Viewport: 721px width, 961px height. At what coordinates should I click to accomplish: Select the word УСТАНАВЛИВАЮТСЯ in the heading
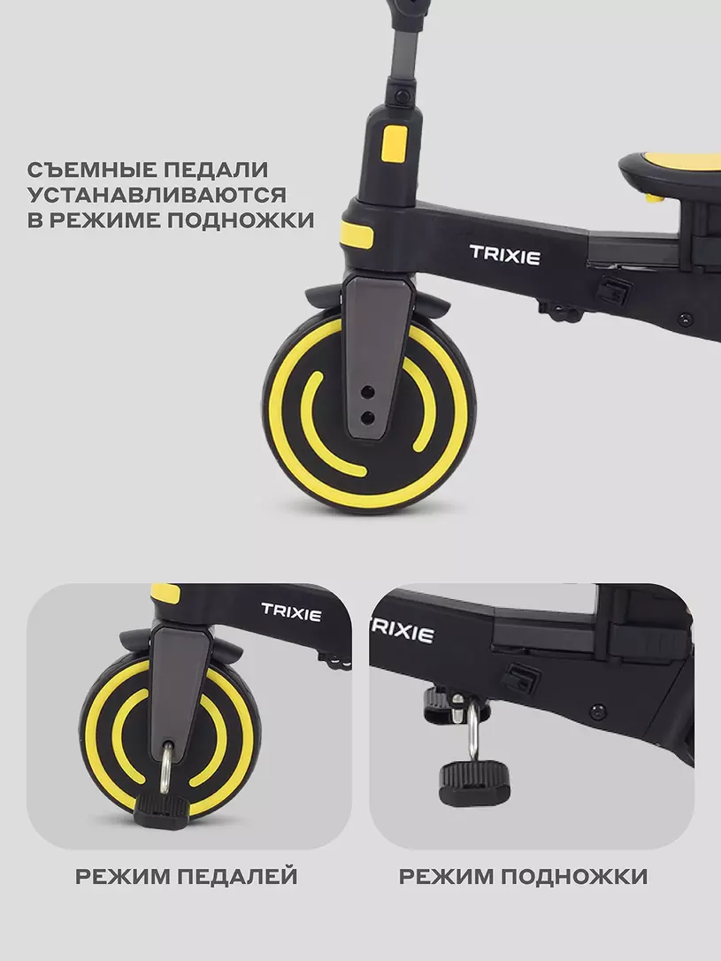pyautogui.click(x=157, y=195)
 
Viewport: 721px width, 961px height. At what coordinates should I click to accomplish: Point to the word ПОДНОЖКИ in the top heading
pyautogui.click(x=241, y=220)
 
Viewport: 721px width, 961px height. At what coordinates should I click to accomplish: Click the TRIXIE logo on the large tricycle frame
pyautogui.click(x=505, y=255)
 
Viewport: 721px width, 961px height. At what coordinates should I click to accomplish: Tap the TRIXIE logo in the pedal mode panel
pyautogui.click(x=291, y=612)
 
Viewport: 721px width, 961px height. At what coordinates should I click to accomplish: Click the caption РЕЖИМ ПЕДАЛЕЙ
pyautogui.click(x=187, y=876)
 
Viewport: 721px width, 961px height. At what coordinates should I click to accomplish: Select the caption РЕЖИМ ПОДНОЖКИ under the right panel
pyautogui.click(x=523, y=876)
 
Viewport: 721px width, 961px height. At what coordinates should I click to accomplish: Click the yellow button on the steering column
pyautogui.click(x=395, y=143)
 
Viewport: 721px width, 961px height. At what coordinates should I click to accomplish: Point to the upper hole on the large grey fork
pyautogui.click(x=368, y=390)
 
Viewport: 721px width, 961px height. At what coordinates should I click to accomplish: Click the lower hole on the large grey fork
pyautogui.click(x=367, y=418)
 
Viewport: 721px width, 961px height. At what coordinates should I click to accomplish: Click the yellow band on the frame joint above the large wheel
pyautogui.click(x=357, y=234)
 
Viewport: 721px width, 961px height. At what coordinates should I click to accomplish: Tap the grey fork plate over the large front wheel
pyautogui.click(x=375, y=356)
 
